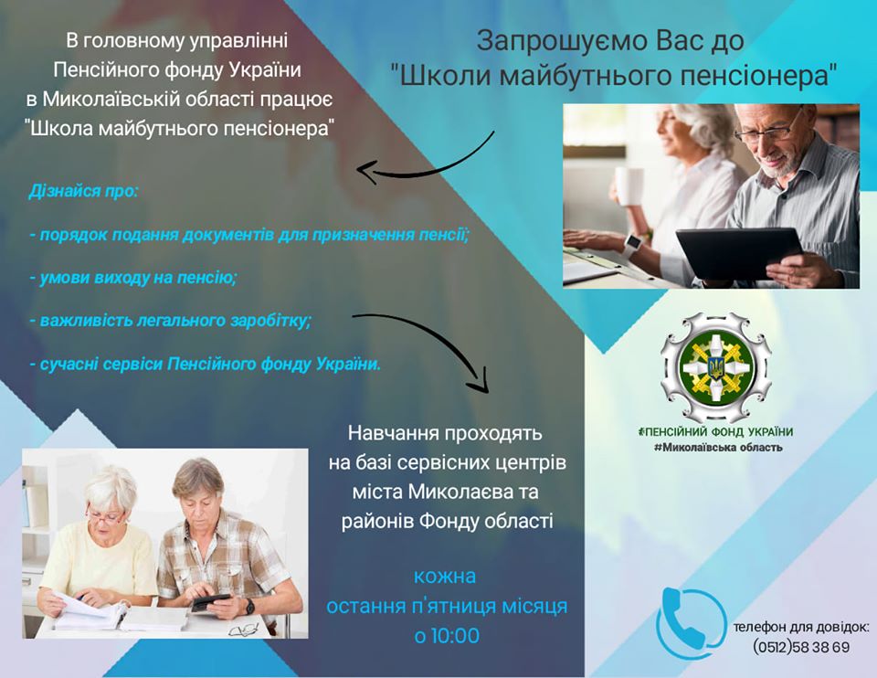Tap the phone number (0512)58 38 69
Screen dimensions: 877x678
click(801, 647)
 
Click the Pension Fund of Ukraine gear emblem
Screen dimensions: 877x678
click(715, 367)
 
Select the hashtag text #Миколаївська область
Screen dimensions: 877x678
click(718, 447)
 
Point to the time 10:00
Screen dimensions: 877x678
click(456, 635)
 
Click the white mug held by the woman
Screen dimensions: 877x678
click(629, 186)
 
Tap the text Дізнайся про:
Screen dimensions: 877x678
click(83, 191)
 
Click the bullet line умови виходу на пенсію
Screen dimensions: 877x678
click(133, 278)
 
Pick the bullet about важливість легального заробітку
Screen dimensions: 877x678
click(170, 321)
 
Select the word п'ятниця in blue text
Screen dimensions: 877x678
click(453, 606)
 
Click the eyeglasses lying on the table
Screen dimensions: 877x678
click(245, 630)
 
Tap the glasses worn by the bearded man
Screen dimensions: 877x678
click(766, 131)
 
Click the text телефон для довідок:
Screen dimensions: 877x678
click(801, 627)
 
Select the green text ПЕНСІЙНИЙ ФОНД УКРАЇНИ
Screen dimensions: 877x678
click(716, 431)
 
